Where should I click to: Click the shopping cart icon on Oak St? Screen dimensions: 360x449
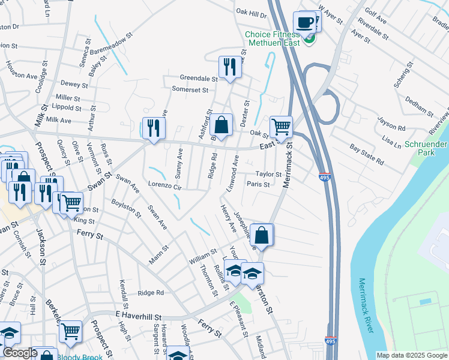(280, 127)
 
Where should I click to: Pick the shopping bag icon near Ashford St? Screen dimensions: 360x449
(221, 126)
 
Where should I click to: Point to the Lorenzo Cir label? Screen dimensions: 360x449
(164, 186)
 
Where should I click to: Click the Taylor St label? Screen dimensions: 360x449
(269, 175)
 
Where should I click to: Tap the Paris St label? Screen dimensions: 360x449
(258, 184)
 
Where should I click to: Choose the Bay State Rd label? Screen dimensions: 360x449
(366, 154)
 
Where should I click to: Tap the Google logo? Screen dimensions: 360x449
(20, 353)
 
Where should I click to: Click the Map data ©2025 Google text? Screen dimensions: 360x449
(411, 355)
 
